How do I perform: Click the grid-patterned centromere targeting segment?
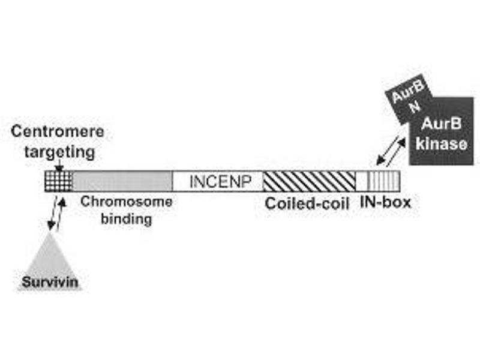click(x=59, y=180)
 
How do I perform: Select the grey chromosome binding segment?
click(x=122, y=180)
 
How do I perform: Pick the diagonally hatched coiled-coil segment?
click(x=310, y=180)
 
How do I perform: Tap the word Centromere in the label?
click(x=58, y=131)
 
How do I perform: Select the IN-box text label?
click(x=385, y=203)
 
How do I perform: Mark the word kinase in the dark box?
click(x=442, y=144)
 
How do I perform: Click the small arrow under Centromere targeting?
click(x=59, y=166)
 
